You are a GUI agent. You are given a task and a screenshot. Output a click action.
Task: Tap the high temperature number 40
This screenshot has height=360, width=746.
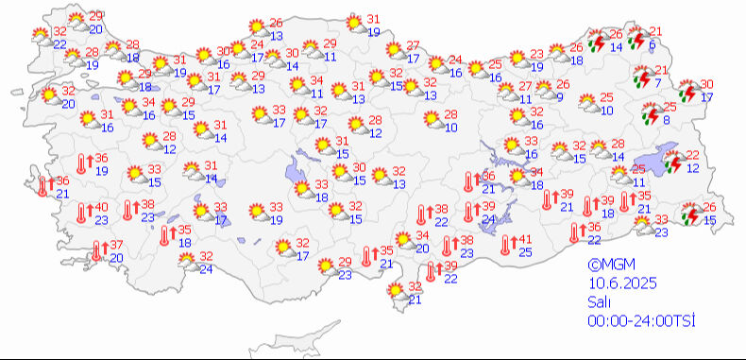click(x=101, y=208)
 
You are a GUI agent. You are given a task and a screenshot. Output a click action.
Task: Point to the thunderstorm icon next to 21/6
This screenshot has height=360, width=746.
click(x=636, y=39)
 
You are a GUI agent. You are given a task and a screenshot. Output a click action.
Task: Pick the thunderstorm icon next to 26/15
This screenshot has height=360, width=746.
click(x=691, y=214)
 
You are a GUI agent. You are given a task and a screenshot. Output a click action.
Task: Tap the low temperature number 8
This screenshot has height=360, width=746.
click(x=667, y=120)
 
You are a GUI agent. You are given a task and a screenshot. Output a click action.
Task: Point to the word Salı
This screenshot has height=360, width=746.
click(x=599, y=302)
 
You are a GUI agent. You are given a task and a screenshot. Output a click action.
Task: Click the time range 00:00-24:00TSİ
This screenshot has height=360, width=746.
click(x=641, y=321)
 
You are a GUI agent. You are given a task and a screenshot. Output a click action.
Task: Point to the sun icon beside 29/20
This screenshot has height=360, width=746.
click(x=74, y=22)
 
